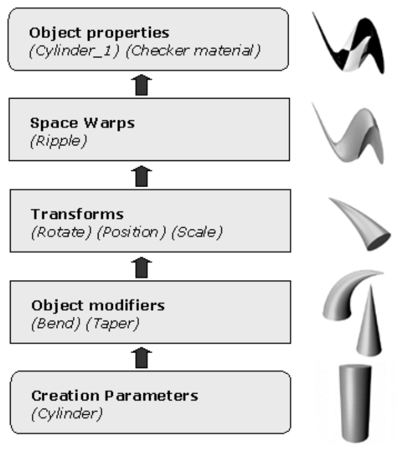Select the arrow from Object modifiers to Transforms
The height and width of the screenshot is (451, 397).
[144, 267]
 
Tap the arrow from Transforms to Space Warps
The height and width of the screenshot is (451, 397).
[144, 177]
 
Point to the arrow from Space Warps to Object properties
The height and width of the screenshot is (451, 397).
[144, 85]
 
